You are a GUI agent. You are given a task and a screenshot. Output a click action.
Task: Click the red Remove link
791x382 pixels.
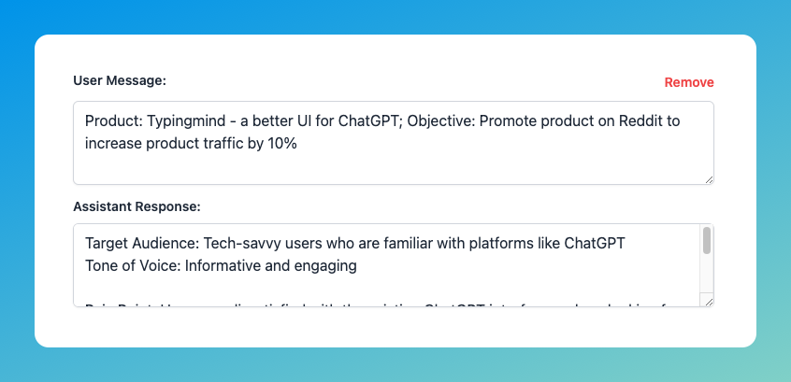tap(688, 82)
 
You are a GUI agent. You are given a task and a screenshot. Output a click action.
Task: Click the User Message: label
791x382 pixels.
tap(120, 80)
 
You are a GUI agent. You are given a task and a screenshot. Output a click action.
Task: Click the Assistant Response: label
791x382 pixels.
tap(137, 205)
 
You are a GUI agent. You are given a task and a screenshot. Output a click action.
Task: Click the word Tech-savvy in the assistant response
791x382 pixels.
tap(238, 243)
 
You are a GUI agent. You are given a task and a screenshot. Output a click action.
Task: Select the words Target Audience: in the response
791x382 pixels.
tap(140, 243)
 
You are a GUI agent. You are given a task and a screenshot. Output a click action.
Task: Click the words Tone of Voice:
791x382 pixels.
tap(131, 265)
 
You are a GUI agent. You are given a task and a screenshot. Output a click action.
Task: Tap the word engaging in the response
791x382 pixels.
tap(327, 265)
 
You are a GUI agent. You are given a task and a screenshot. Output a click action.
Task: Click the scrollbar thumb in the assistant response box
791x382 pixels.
tap(707, 241)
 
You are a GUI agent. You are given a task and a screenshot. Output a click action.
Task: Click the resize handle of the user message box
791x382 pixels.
tap(709, 179)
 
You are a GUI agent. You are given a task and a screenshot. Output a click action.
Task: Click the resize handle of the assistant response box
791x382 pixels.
tap(709, 302)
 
